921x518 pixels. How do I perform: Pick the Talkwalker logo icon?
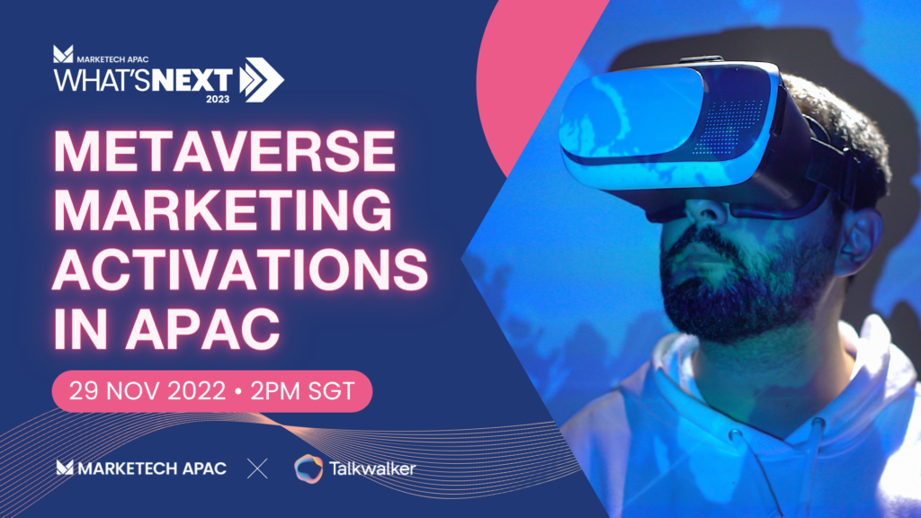click(309, 468)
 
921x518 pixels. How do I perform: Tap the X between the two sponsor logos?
click(258, 468)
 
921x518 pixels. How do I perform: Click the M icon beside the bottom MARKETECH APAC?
click(65, 468)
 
